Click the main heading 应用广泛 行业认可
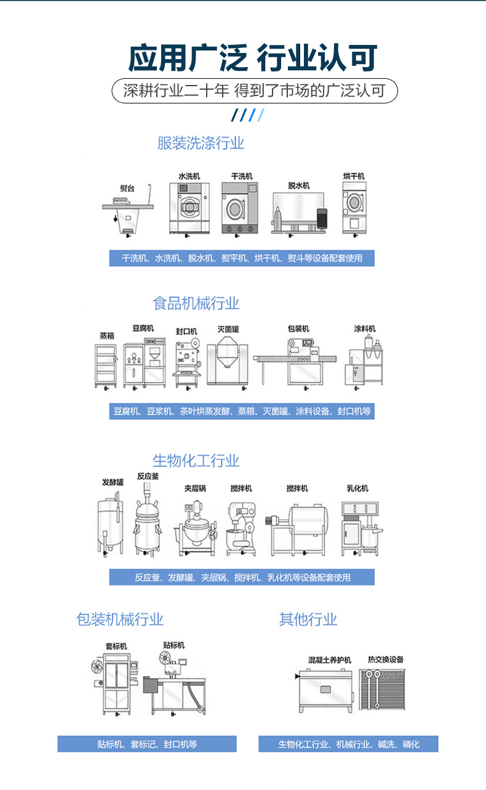(x=253, y=58)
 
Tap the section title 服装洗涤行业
(x=201, y=143)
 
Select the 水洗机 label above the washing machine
(x=189, y=176)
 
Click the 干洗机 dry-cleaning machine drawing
(x=240, y=209)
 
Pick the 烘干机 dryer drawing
(x=354, y=209)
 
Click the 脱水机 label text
(x=299, y=186)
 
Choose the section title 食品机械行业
(x=196, y=304)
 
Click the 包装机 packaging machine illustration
(x=295, y=364)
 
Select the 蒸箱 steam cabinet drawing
(x=106, y=367)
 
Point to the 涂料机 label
(x=365, y=329)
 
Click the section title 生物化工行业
(x=196, y=461)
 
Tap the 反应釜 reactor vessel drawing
(x=148, y=519)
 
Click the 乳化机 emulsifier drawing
(x=362, y=529)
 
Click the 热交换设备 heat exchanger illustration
(x=382, y=690)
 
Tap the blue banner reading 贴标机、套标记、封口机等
(x=147, y=743)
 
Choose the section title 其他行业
(x=308, y=619)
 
